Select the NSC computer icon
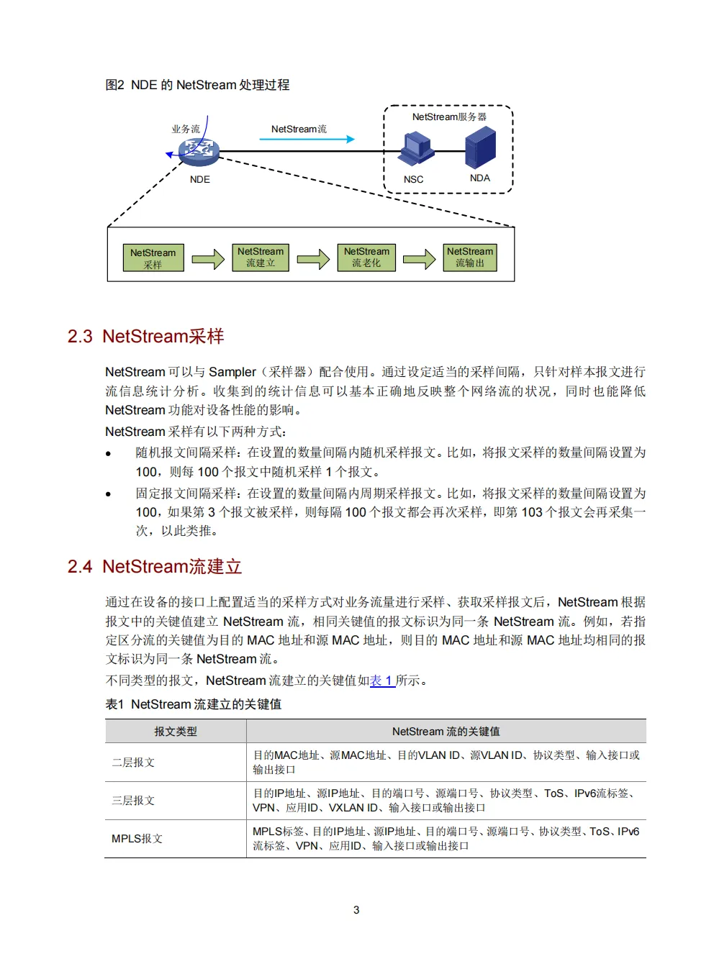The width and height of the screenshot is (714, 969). coord(417,149)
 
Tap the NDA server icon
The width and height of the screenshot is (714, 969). coord(480,147)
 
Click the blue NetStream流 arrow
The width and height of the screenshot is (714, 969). coord(307,139)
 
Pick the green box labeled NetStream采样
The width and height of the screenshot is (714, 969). coord(153,258)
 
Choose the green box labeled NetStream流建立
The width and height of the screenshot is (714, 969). coord(261,257)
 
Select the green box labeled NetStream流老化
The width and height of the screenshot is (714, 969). coord(366,257)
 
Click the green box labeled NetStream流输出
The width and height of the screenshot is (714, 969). coord(470,257)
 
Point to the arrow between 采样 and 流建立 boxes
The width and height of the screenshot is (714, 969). coord(208,258)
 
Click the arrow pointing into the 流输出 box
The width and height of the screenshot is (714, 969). coord(419,258)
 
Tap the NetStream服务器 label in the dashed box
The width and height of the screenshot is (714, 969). coord(449,117)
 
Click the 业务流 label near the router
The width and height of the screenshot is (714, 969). coord(185,129)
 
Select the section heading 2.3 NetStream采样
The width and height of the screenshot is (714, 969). coord(145,336)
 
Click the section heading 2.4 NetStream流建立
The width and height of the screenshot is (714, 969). coord(155,566)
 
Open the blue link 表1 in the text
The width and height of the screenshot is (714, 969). coord(381,681)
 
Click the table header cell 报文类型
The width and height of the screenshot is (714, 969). coord(175,731)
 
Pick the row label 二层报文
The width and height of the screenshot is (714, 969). coord(133,762)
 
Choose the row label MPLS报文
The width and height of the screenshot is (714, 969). coord(137,838)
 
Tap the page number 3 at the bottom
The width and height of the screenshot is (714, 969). coord(356,910)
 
